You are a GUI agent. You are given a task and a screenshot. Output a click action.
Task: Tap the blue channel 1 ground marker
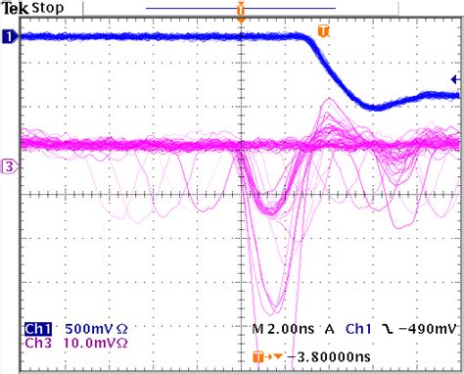tap(9, 37)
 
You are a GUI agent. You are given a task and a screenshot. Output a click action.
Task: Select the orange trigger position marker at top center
tap(241, 11)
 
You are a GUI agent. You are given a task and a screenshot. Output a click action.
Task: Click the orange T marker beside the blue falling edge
tap(324, 31)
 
